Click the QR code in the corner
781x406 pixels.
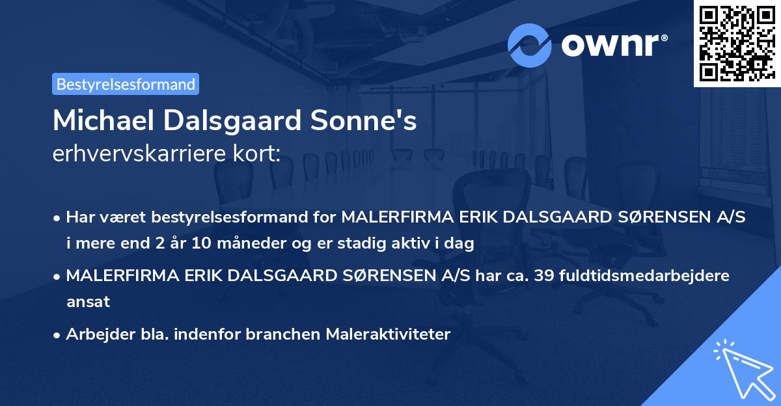click(737, 44)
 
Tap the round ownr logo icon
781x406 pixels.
click(530, 46)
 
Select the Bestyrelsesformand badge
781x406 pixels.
click(126, 84)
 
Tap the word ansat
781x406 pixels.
click(88, 302)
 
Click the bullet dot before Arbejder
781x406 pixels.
click(58, 335)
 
